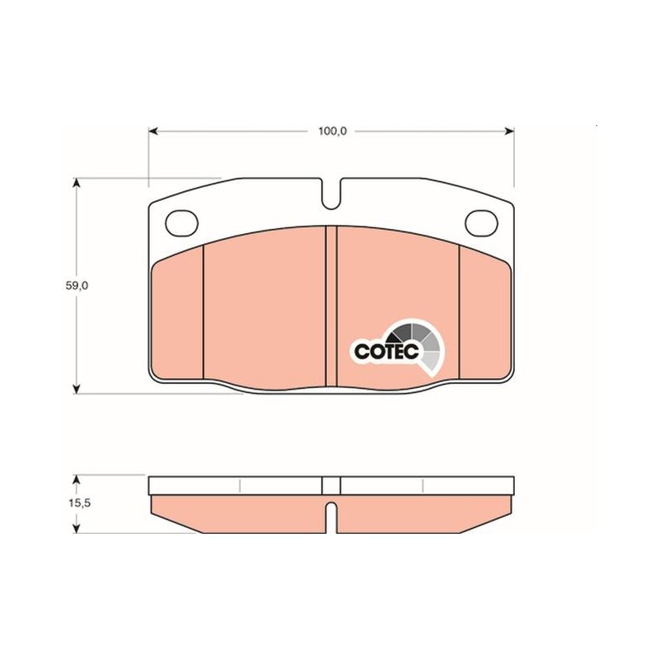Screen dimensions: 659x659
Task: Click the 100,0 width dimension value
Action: [x=332, y=131]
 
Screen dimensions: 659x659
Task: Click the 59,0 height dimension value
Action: [x=77, y=286]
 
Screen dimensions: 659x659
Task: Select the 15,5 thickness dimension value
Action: [x=80, y=503]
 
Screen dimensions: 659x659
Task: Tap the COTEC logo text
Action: [x=386, y=352]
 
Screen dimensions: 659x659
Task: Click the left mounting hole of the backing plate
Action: [x=181, y=222]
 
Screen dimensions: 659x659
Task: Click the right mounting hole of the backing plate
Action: [x=481, y=222]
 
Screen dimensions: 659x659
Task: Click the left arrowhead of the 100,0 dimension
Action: [x=153, y=131]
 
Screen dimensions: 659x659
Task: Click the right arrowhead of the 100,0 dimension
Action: [x=509, y=131]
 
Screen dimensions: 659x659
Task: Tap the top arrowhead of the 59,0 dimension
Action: [x=76, y=183]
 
